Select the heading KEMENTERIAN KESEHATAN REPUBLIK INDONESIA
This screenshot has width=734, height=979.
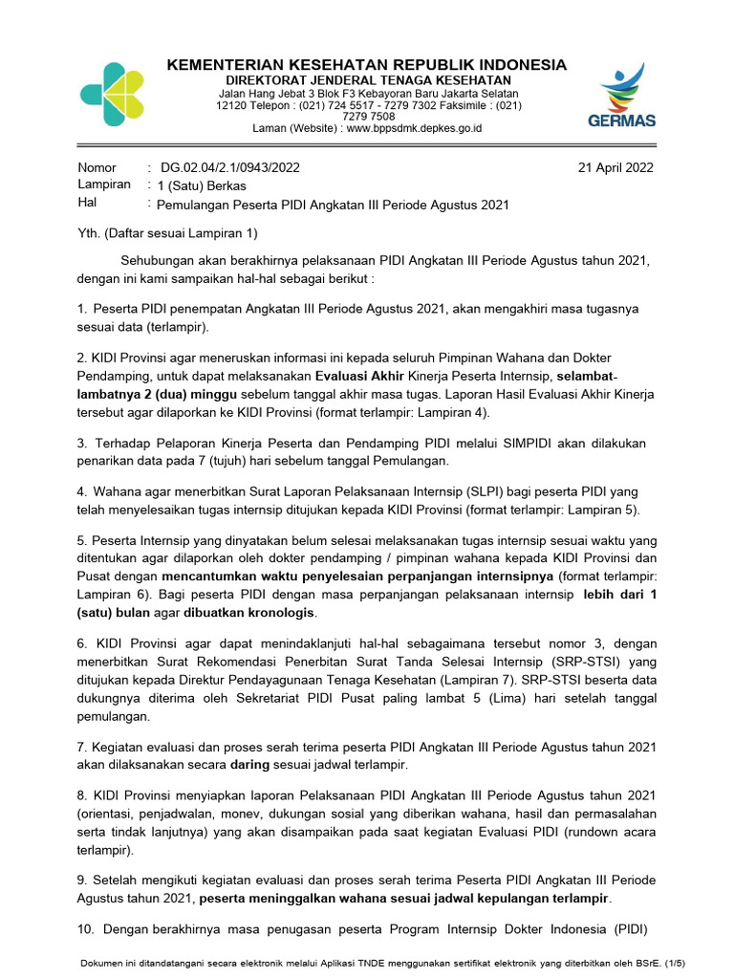pyautogui.click(x=367, y=65)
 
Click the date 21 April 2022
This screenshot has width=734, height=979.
pyautogui.click(x=615, y=167)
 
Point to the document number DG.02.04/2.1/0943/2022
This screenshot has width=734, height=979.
pyautogui.click(x=230, y=167)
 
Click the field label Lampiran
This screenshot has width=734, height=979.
pyautogui.click(x=103, y=185)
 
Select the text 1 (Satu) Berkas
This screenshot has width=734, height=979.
pyautogui.click(x=203, y=185)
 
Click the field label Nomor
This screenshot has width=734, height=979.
pyautogui.click(x=97, y=167)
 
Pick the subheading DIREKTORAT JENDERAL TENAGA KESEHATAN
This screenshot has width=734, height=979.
pyautogui.click(x=367, y=80)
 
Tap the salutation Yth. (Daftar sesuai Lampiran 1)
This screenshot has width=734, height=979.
pyautogui.click(x=167, y=233)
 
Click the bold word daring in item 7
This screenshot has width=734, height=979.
pyautogui.click(x=251, y=765)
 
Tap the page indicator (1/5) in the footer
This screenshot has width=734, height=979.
pyautogui.click(x=673, y=963)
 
